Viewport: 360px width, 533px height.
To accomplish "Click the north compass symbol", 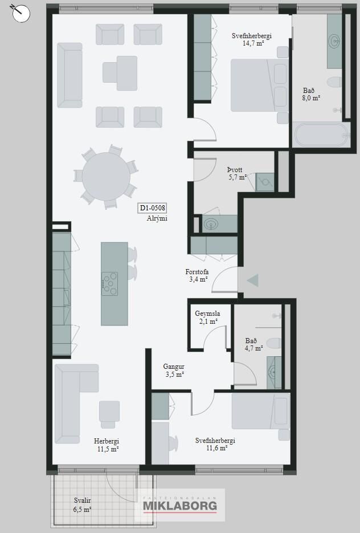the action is (x=21, y=13).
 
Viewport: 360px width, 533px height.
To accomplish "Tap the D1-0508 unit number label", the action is (x=153, y=208).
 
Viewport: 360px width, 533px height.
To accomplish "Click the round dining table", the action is (x=107, y=176).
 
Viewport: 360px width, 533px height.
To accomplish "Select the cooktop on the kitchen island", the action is (x=110, y=283).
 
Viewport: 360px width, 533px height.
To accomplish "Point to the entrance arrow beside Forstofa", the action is (x=253, y=280).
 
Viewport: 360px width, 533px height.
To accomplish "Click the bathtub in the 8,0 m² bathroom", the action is (x=321, y=135).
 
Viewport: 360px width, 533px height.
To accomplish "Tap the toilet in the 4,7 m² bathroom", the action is (x=274, y=343).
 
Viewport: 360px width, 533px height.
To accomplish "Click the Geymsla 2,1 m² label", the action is (x=207, y=317).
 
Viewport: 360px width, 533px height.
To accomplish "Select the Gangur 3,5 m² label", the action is (x=174, y=371).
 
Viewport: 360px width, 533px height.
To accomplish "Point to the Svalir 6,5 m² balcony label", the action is (x=83, y=505).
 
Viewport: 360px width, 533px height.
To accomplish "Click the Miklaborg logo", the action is (x=180, y=505).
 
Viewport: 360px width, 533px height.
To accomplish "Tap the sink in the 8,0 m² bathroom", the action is (x=334, y=41).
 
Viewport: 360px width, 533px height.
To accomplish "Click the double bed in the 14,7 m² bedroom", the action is (x=260, y=86).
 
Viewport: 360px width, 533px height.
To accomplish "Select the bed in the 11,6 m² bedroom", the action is (x=261, y=411).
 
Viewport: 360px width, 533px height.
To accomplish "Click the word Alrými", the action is (x=157, y=218).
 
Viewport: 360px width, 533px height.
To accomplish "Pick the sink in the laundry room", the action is (x=212, y=224).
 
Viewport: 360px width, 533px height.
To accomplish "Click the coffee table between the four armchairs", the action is (x=120, y=73).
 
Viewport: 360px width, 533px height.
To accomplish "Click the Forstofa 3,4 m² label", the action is (x=197, y=276).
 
